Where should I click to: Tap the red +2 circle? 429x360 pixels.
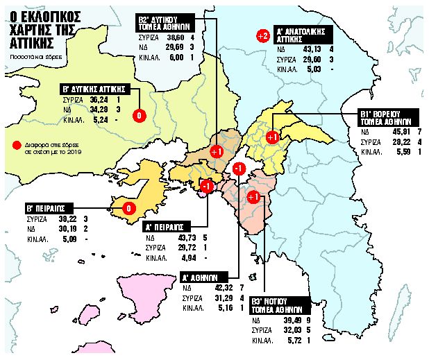point(262,35)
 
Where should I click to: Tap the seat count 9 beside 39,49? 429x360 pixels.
point(326,321)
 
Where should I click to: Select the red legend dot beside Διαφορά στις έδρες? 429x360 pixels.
point(15,146)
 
